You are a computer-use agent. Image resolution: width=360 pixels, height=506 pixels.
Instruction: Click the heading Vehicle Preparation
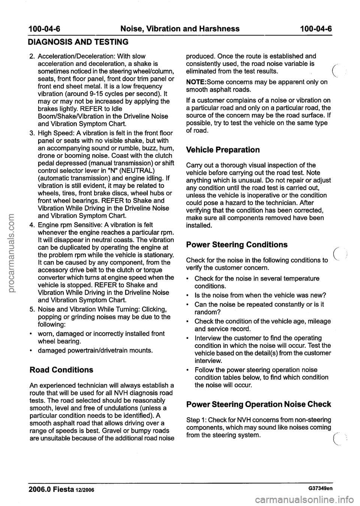tap(223, 150)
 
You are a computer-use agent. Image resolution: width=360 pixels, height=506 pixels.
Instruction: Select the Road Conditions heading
tap(61, 370)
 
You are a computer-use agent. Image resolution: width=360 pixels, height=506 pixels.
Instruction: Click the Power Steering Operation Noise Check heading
tap(258, 404)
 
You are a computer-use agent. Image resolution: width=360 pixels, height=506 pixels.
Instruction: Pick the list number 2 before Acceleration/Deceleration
tap(31, 57)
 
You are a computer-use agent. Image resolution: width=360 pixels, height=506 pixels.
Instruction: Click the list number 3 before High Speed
tap(31, 133)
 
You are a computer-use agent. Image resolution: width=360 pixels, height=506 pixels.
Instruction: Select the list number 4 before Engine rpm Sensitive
tap(31, 225)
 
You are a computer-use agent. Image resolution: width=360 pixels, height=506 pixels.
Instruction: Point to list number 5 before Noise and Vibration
tap(31, 309)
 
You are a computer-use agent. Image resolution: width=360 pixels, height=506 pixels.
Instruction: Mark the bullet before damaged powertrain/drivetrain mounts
tap(31, 351)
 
